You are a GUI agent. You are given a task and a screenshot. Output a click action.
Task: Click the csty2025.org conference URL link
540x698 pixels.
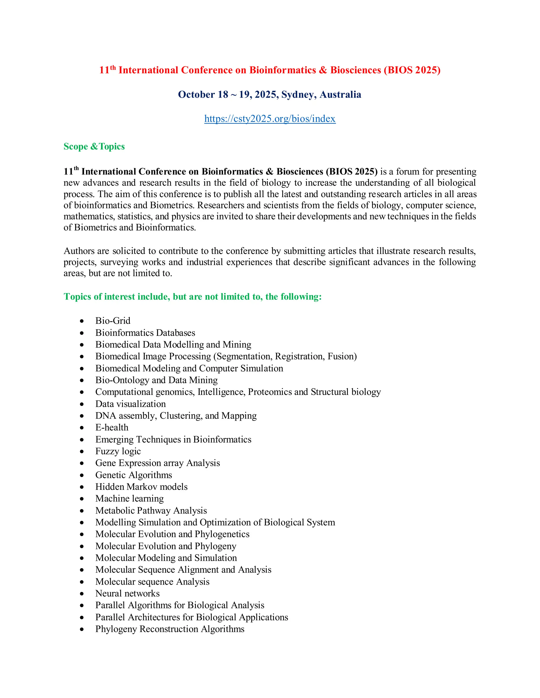[270, 119]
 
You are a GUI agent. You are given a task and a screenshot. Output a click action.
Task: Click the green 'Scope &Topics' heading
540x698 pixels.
[94, 146]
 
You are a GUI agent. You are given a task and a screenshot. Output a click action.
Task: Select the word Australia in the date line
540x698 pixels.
[340, 95]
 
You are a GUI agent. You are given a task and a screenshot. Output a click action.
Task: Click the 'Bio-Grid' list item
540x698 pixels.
[113, 321]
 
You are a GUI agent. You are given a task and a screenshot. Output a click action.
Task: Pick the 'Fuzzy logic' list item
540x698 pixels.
[118, 451]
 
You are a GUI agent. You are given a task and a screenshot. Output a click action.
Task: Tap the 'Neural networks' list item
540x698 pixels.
[127, 593]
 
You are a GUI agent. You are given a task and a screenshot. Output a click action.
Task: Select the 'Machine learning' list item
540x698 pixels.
[129, 498]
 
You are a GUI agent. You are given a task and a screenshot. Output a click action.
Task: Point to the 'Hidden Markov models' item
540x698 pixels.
[141, 486]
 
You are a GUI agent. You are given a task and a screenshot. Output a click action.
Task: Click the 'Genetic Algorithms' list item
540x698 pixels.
[133, 475]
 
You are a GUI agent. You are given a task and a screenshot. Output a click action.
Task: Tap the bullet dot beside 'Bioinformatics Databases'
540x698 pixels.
[82, 333]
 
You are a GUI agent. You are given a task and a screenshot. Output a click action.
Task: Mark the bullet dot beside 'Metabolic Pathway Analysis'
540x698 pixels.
[82, 511]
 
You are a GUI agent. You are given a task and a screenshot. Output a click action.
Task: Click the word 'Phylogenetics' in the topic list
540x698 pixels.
[222, 534]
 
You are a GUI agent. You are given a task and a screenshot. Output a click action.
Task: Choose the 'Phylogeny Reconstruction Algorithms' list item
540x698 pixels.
[170, 629]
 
